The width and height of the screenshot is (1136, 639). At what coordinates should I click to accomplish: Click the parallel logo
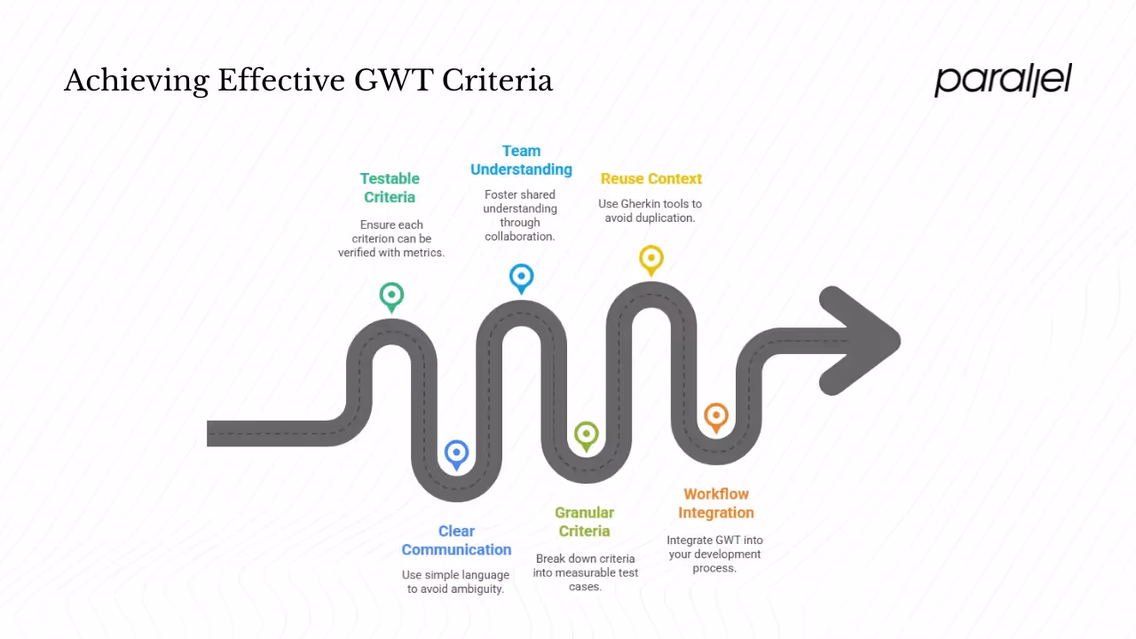click(x=1003, y=80)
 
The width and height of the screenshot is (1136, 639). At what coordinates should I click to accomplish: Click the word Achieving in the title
click(x=136, y=82)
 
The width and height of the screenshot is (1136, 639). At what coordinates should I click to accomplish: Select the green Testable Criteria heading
click(x=390, y=187)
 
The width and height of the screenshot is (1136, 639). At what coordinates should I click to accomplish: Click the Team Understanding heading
click(x=521, y=160)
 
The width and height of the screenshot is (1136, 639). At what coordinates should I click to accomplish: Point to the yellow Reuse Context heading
click(x=651, y=178)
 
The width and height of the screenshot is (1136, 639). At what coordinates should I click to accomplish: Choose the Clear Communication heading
click(x=456, y=540)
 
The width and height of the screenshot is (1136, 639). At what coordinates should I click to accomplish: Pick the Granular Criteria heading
click(x=584, y=521)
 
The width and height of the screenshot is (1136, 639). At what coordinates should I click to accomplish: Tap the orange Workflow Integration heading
click(x=715, y=502)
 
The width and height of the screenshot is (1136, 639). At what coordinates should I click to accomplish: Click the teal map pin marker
click(x=391, y=296)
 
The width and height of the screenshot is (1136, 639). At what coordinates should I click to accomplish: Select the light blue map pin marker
click(x=521, y=277)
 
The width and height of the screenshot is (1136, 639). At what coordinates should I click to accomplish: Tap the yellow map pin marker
click(x=651, y=259)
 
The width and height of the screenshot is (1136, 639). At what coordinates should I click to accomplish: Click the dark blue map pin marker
click(x=456, y=454)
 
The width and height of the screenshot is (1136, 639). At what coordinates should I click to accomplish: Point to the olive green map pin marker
click(x=586, y=435)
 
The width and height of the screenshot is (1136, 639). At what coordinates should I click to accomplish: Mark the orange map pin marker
click(x=716, y=416)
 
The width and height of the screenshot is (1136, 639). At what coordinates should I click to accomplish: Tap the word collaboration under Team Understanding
click(x=520, y=236)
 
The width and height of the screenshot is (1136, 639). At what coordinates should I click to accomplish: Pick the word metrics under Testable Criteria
click(x=423, y=252)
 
